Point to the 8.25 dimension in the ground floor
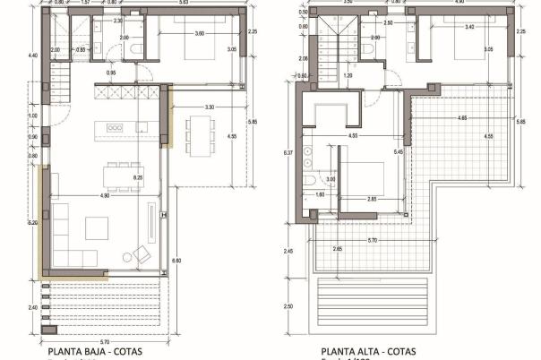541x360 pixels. (x=138, y=179)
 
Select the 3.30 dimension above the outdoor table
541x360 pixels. (x=209, y=108)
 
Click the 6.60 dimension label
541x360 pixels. (x=176, y=260)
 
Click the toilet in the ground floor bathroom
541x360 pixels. (x=133, y=49)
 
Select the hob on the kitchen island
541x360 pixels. (x=116, y=128)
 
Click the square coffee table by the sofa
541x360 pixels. (x=97, y=227)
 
